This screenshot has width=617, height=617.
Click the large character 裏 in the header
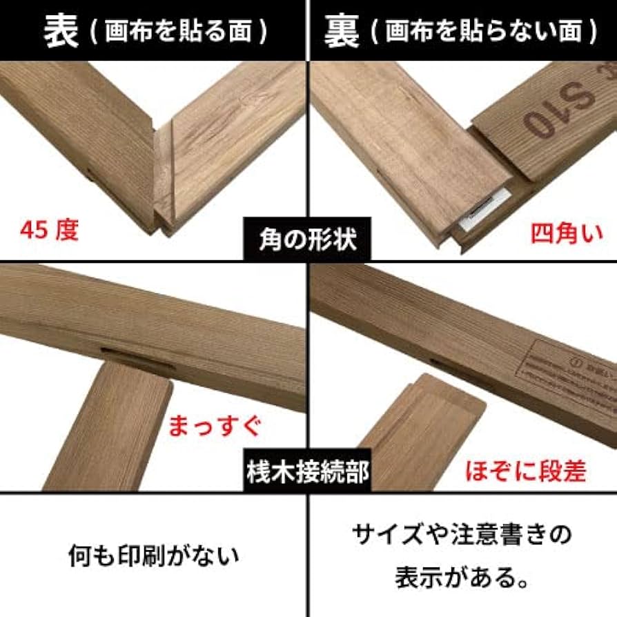pos(343,30)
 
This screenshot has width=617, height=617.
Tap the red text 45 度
pos(49,230)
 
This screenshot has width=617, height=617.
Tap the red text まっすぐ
pos(215,426)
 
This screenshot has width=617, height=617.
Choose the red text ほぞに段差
pos(526,471)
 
